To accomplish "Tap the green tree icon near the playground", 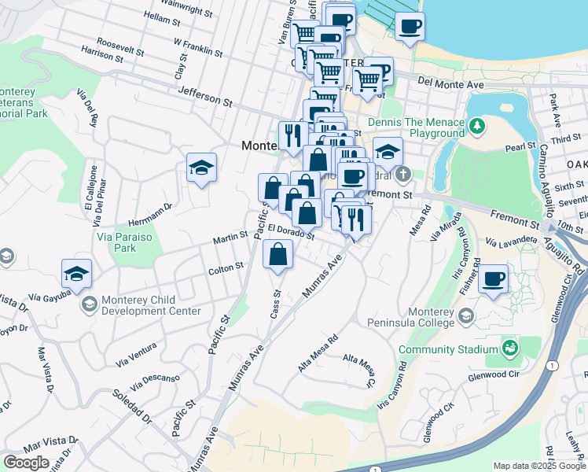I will pyautogui.click(x=476, y=126).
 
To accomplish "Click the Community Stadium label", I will pyautogui.click(x=448, y=349).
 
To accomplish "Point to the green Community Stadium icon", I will pyautogui.click(x=509, y=348).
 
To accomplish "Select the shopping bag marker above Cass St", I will pyautogui.click(x=277, y=254).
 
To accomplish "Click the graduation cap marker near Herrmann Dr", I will pyautogui.click(x=201, y=167).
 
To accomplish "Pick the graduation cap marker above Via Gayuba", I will pyautogui.click(x=76, y=274).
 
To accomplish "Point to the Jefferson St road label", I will pyautogui.click(x=205, y=98).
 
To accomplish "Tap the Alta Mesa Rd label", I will pyautogui.click(x=318, y=354).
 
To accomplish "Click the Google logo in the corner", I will pyautogui.click(x=27, y=463).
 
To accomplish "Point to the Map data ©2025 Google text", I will pyautogui.click(x=539, y=466).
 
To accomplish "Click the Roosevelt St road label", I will pyautogui.click(x=120, y=46).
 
